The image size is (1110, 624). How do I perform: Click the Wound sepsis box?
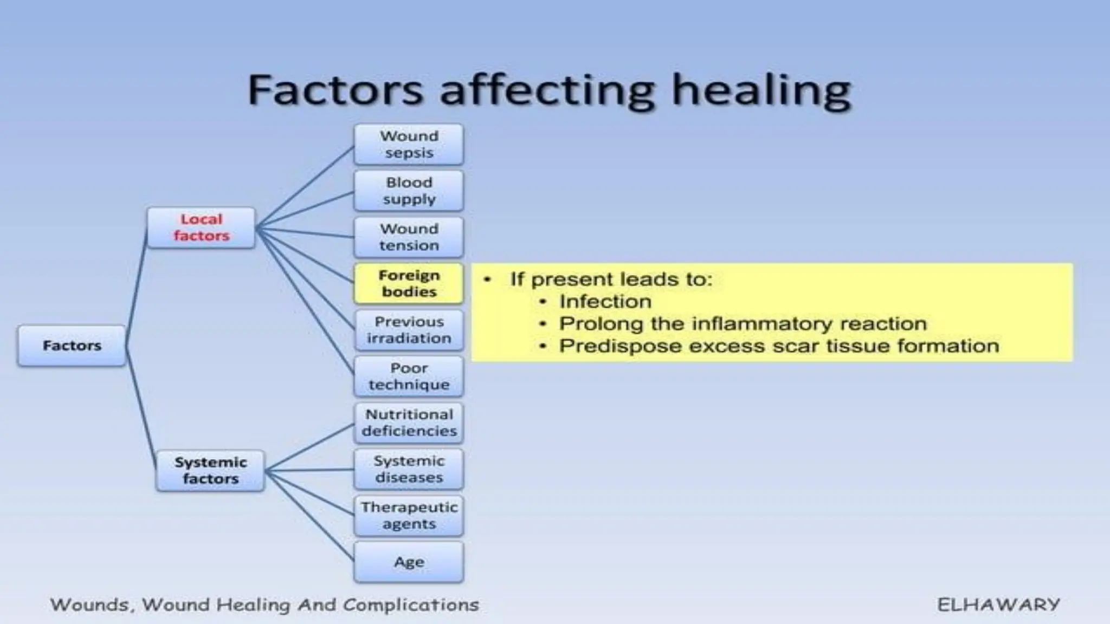point(409,144)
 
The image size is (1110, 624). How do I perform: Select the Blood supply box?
point(409,191)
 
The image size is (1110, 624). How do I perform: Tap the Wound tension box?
point(409,237)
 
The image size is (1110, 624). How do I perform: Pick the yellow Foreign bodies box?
point(409,283)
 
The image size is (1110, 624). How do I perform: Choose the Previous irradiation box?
point(409,330)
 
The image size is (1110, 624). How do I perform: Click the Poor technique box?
point(409,376)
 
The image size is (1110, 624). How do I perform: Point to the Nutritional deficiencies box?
point(409,422)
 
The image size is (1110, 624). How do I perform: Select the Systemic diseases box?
point(409,469)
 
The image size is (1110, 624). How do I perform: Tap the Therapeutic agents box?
point(409,516)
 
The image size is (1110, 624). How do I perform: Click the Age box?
point(409,562)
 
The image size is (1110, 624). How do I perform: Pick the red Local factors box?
point(201,227)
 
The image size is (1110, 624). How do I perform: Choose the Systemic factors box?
point(210,470)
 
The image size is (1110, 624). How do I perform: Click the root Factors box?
point(72,346)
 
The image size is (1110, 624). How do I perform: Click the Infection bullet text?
point(605,301)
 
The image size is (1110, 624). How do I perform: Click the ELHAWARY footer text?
point(998,604)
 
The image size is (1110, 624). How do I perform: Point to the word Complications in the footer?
point(411,604)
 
